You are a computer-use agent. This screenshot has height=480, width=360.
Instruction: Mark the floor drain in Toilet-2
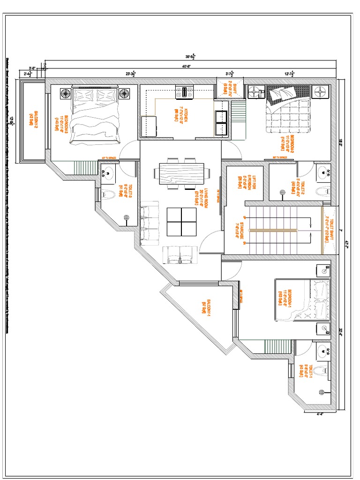282,192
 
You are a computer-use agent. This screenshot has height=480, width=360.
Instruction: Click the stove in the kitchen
185,91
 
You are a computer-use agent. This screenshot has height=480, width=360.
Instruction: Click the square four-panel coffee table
181,222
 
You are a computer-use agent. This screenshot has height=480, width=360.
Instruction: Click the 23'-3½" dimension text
131,73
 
